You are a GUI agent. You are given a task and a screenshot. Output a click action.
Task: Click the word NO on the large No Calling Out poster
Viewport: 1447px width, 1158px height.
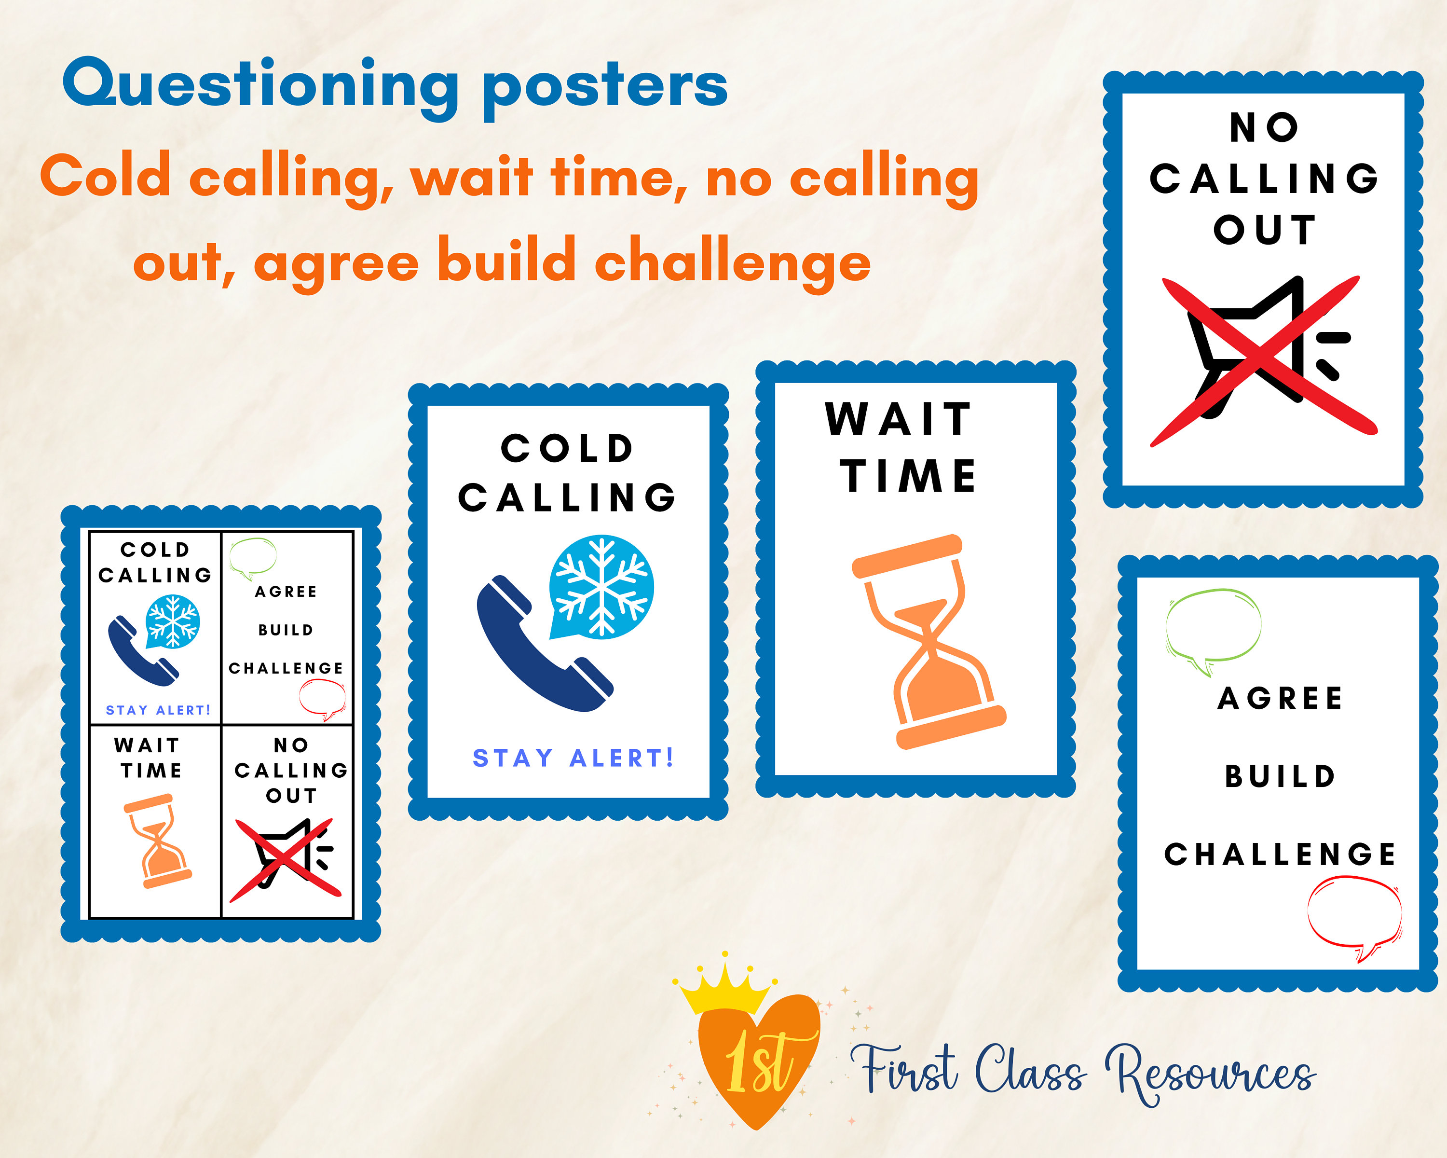[x=1264, y=127]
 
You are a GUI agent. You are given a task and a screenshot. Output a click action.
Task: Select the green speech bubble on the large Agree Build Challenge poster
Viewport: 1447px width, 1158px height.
[x=1213, y=628]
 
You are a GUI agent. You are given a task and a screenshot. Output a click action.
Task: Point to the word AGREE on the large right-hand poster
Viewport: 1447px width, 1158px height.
[x=1280, y=698]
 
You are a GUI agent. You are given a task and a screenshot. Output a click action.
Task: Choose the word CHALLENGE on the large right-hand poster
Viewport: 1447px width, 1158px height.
[x=1280, y=854]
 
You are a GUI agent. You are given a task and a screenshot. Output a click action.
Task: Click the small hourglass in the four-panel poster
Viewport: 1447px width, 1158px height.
[x=158, y=841]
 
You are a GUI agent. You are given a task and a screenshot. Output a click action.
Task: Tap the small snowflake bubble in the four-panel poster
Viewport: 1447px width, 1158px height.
[x=173, y=620]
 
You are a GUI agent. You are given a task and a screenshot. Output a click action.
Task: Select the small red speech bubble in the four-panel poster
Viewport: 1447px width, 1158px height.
[x=323, y=698]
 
